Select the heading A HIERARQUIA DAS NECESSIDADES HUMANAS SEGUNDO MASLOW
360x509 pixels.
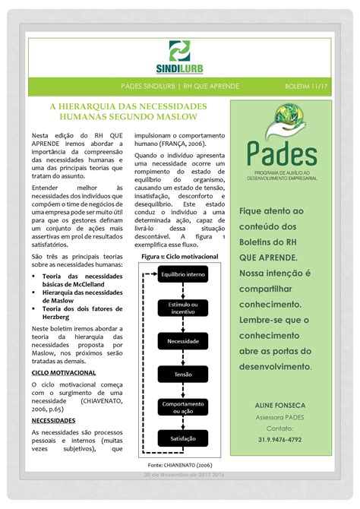tap(124, 112)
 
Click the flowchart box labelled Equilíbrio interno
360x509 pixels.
tap(182, 273)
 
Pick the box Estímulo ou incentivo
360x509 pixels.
tap(182, 308)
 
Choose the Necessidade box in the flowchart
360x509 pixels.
tap(182, 342)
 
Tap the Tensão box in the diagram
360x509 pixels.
tap(182, 375)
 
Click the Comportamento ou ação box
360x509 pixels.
tap(182, 408)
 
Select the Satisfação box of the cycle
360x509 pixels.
tap(182, 438)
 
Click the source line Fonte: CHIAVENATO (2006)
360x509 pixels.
tap(180, 463)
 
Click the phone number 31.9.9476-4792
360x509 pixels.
tap(286, 439)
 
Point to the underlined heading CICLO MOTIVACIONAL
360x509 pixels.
tap(64, 374)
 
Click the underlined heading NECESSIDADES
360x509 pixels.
tap(53, 420)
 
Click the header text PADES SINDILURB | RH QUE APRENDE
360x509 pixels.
tap(180, 87)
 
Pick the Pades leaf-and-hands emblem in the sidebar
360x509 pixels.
tap(288, 119)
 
